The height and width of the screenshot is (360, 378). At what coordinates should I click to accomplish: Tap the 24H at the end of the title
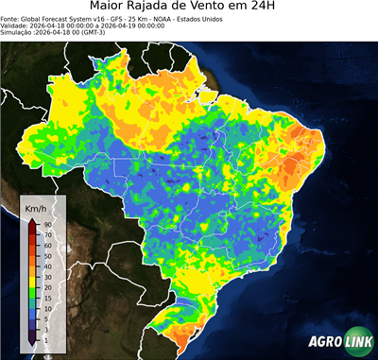(x=283, y=9)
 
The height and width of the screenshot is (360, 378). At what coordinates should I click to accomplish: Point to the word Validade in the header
(x=15, y=26)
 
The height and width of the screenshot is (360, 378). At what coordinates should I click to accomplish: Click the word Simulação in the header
(x=17, y=34)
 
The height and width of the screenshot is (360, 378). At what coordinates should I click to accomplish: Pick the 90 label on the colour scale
(x=46, y=224)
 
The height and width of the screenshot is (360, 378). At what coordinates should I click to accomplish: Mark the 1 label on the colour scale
(x=45, y=338)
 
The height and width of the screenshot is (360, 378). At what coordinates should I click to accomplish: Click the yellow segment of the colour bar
(x=31, y=270)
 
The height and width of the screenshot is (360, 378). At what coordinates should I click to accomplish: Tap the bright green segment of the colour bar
(x=31, y=291)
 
